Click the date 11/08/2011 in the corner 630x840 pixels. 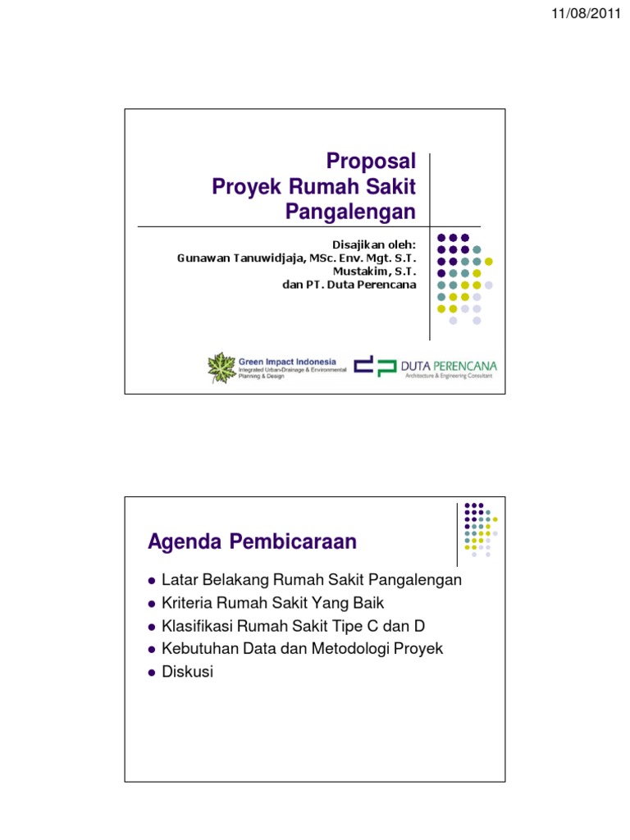pyautogui.click(x=586, y=13)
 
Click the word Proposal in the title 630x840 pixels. pyautogui.click(x=371, y=162)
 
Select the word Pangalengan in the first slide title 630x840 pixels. pyautogui.click(x=350, y=212)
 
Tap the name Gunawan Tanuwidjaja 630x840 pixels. pyautogui.click(x=241, y=258)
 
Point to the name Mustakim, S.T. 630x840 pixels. pyautogui.click(x=374, y=272)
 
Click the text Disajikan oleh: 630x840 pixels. pyautogui.click(x=374, y=244)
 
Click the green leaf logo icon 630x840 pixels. pyautogui.click(x=221, y=367)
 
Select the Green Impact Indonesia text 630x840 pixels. pyautogui.click(x=287, y=362)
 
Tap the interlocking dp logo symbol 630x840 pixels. pyautogui.click(x=375, y=366)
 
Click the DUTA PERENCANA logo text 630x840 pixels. pyautogui.click(x=449, y=366)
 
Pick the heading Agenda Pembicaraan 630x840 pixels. pyautogui.click(x=253, y=541)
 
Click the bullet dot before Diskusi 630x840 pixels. pyautogui.click(x=152, y=673)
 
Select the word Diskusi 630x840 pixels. pyautogui.click(x=188, y=672)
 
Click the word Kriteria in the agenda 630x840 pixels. pyautogui.click(x=187, y=603)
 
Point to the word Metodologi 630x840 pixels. pyautogui.click(x=350, y=649)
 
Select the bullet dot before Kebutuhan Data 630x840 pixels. pyautogui.click(x=152, y=650)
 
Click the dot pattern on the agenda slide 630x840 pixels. pyautogui.click(x=481, y=529)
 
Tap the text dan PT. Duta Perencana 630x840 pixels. pyautogui.click(x=349, y=285)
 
